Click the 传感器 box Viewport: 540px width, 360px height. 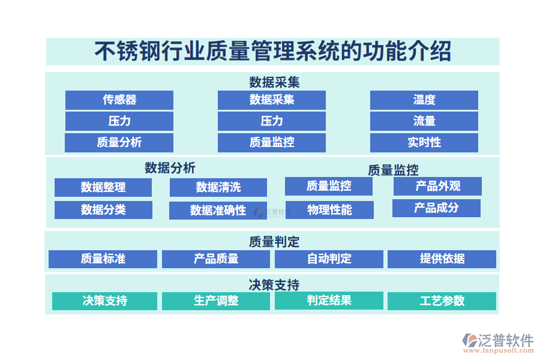tap(119, 100)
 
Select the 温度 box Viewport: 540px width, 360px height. tap(424, 100)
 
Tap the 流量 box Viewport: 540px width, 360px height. tap(424, 121)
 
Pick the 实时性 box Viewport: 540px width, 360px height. tap(424, 142)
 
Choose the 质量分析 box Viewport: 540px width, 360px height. tap(119, 142)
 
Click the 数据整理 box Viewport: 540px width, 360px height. tap(103, 187)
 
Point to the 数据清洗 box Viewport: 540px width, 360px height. tap(218, 187)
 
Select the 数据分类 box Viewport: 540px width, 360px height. tap(103, 209)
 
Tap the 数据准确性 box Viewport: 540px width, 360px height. tap(218, 210)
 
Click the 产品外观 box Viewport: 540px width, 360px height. tap(437, 186)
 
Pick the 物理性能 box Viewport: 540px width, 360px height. tap(329, 209)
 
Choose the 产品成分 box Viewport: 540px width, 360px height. tap(436, 208)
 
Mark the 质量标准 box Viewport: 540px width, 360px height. tap(103, 259)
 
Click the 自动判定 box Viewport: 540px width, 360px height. tap(329, 259)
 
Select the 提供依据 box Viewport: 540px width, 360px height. tap(442, 259)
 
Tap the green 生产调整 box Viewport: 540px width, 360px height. tap(216, 301)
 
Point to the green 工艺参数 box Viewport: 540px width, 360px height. tap(442, 301)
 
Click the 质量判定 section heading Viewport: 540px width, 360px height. tap(274, 242)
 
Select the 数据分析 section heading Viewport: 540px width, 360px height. tap(170, 167)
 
